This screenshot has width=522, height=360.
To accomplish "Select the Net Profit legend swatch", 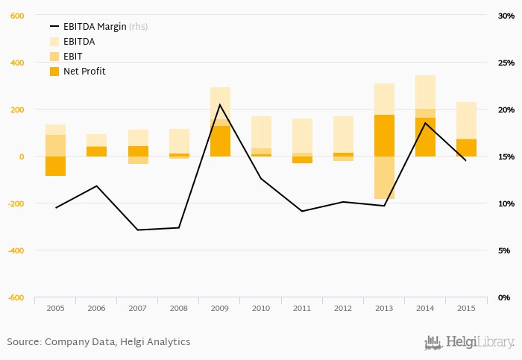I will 54,72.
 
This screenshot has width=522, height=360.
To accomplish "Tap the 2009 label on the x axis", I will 220,308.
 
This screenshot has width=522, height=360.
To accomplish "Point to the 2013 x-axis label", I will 384,308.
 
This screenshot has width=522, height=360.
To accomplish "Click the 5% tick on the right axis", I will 508,250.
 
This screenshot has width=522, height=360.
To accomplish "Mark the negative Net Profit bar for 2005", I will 55,166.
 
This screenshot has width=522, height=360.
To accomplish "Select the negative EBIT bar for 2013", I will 384,177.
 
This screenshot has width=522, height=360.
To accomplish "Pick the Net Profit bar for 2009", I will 220,141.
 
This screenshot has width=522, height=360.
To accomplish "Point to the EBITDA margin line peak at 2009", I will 220,104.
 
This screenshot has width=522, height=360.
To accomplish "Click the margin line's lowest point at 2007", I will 138,230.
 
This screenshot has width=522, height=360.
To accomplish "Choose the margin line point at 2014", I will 425,123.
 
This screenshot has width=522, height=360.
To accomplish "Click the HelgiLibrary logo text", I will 479,342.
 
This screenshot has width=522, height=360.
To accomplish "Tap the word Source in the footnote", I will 22,342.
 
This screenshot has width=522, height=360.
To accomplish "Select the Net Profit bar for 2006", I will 96,151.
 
